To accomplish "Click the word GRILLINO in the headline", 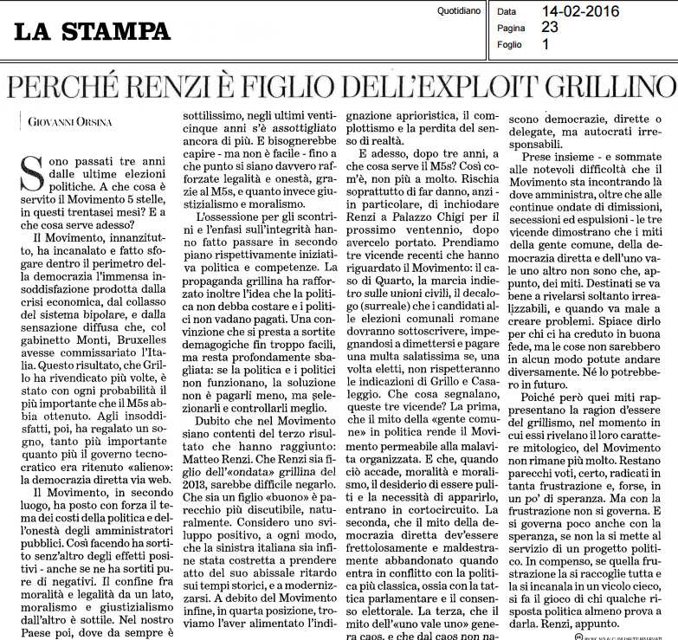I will point(593,87).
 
